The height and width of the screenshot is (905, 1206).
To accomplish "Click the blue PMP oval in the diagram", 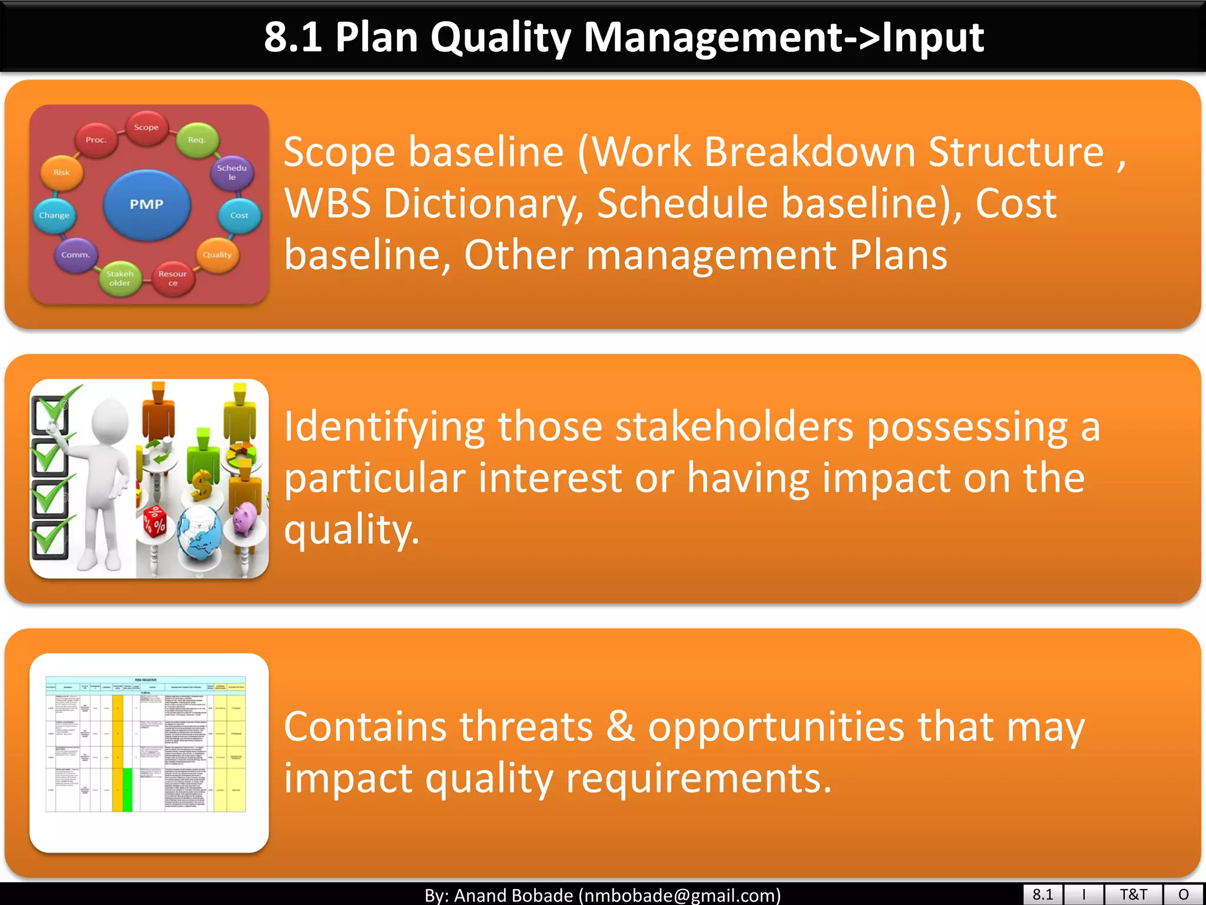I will tap(147, 204).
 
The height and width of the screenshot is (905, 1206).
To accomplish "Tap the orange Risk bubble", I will tap(61, 173).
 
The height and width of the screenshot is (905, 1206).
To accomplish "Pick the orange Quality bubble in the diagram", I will tap(217, 255).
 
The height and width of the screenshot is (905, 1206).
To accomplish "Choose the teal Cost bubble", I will tap(239, 216).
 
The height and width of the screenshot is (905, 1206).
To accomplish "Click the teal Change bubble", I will tap(54, 216).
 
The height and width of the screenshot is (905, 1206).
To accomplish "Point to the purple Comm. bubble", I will tap(75, 255).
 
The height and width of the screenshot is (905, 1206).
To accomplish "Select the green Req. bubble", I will tap(197, 140).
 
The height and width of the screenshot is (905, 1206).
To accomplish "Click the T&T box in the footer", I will tap(1133, 894).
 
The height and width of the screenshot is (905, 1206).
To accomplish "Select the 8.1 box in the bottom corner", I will tap(1042, 894).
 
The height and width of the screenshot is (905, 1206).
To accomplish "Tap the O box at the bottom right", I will tap(1184, 894).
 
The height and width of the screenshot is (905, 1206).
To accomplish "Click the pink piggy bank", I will tap(246, 519).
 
